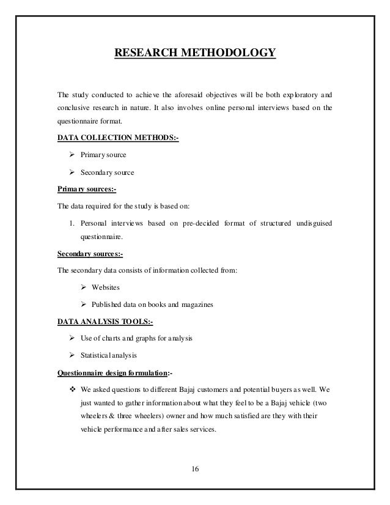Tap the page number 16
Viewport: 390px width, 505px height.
point(195,470)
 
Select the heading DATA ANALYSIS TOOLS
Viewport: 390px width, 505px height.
point(105,320)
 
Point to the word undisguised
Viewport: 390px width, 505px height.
point(313,222)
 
